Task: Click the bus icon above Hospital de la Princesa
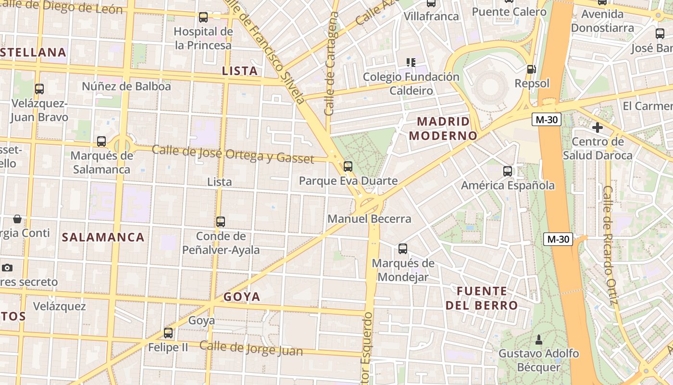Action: coord(203,17)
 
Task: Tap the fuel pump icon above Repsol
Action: coord(531,69)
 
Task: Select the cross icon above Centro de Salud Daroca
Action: coord(598,128)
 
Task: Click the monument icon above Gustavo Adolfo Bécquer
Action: coord(539,339)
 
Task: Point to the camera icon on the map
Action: coord(7,268)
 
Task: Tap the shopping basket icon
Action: coord(17,219)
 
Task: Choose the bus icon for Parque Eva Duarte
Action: coord(348,167)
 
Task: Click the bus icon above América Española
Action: coord(508,171)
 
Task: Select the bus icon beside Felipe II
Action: coord(168,333)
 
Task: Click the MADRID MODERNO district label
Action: coord(443,128)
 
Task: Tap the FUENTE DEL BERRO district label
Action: coord(482,298)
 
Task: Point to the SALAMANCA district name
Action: coord(103,237)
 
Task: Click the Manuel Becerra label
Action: coord(369,219)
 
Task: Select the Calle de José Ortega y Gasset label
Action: coord(233,154)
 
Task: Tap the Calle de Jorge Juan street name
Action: coord(251,348)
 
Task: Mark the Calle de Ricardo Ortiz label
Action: coord(609,245)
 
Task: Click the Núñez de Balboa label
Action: coord(126,87)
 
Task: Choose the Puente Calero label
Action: coord(509,12)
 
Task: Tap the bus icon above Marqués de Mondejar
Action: coord(403,249)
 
